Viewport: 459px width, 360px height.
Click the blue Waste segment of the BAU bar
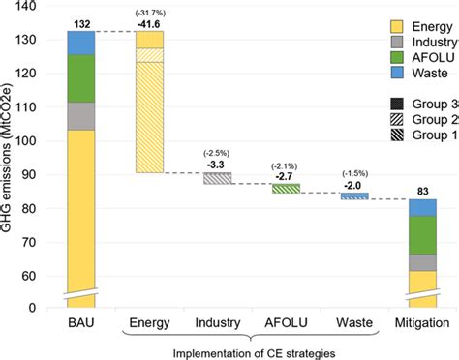pos(80,43)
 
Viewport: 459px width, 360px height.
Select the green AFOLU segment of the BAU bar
pos(80,78)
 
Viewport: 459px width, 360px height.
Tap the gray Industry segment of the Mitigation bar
pos(421,262)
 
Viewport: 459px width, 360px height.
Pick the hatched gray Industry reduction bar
pos(217,178)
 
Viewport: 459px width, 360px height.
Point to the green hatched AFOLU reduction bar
pos(285,188)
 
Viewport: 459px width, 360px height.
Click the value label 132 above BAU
pos(80,21)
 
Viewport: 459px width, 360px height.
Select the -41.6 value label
pos(148,21)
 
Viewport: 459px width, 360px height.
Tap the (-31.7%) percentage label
pos(148,11)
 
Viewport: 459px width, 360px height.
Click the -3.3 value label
pos(217,164)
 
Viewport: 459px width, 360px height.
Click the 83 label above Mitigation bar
pos(421,191)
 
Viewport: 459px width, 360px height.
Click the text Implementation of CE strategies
pos(251,353)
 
